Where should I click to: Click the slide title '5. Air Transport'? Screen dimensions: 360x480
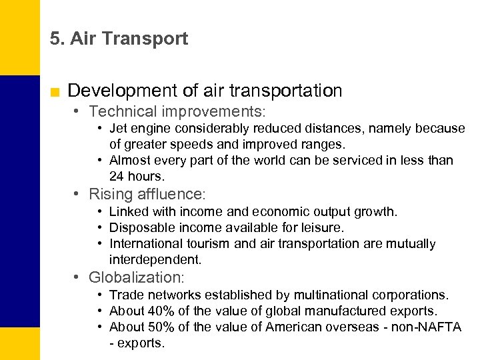(119, 39)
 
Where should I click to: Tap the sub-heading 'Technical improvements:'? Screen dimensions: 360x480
(177, 111)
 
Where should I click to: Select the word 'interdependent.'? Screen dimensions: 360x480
(155, 260)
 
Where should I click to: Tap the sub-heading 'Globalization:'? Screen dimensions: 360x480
(136, 277)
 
